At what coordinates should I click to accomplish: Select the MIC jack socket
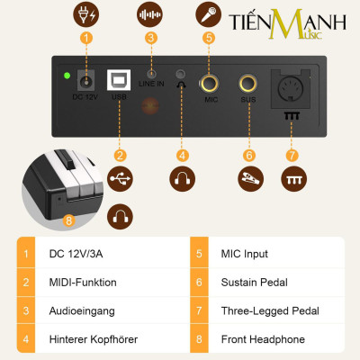[211, 86]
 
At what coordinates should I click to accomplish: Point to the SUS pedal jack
[248, 86]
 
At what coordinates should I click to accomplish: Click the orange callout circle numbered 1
[86, 38]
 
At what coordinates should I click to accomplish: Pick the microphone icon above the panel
[209, 14]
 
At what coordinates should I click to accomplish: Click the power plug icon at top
[86, 14]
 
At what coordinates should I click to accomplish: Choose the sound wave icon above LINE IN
[150, 14]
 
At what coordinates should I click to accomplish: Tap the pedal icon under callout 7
[290, 180]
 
